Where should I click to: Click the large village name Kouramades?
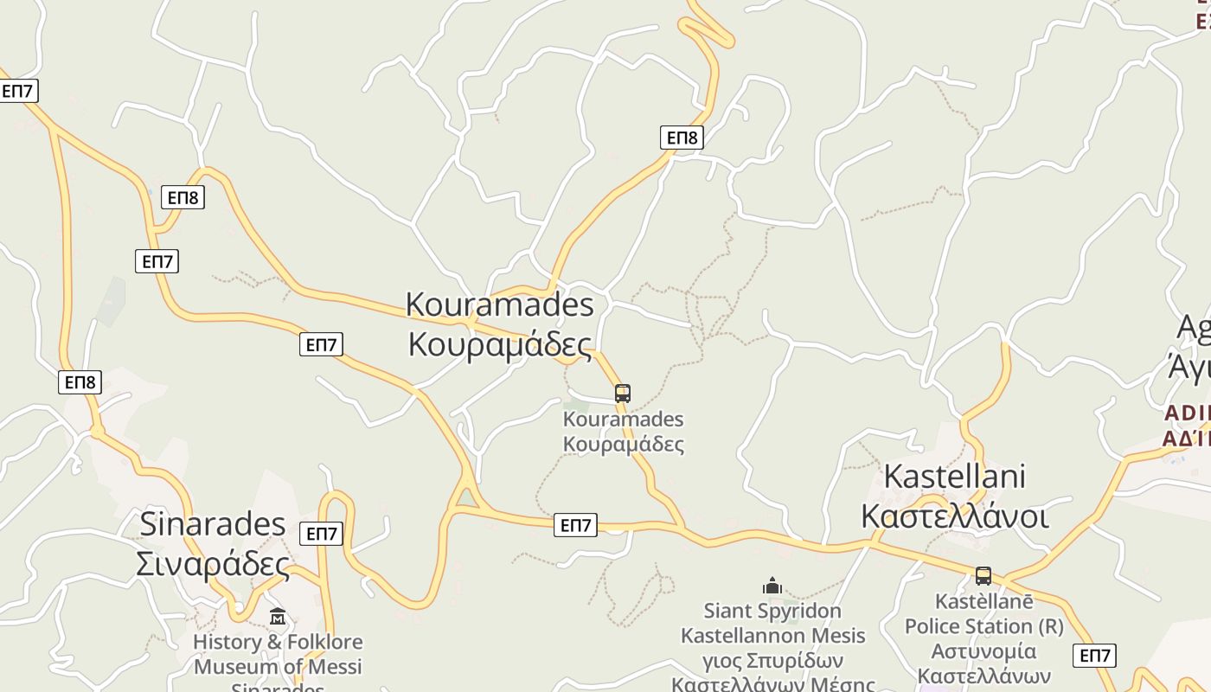pyautogui.click(x=500, y=304)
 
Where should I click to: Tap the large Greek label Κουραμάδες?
pyautogui.click(x=500, y=344)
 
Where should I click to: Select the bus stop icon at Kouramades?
pyautogui.click(x=623, y=394)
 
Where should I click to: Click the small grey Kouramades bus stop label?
pyautogui.click(x=623, y=420)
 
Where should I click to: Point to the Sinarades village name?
pyautogui.click(x=213, y=524)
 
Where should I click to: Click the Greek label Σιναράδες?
pyautogui.click(x=213, y=564)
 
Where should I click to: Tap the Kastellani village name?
pyautogui.click(x=954, y=477)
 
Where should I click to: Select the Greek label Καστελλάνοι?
pyautogui.click(x=954, y=516)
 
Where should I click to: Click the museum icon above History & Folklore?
pyautogui.click(x=278, y=617)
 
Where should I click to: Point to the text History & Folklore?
pyautogui.click(x=278, y=642)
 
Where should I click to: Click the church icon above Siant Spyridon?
pyautogui.click(x=772, y=586)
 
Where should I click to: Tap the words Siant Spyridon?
pyautogui.click(x=772, y=611)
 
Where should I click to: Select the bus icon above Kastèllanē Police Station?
pyautogui.click(x=983, y=576)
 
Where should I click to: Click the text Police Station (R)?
pyautogui.click(x=984, y=625)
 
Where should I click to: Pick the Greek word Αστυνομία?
pyautogui.click(x=984, y=650)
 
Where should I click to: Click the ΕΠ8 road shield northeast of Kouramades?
pyautogui.click(x=682, y=138)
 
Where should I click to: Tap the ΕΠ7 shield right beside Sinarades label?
pyautogui.click(x=321, y=534)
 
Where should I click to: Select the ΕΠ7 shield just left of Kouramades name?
pyautogui.click(x=321, y=344)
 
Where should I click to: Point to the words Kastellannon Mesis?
pyautogui.click(x=772, y=636)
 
